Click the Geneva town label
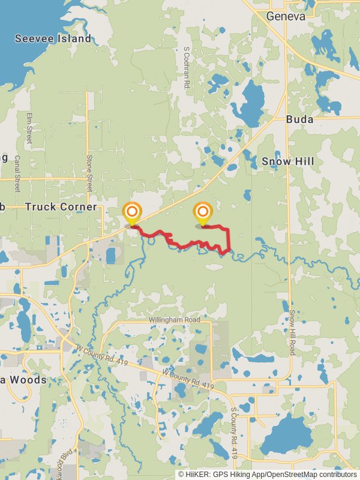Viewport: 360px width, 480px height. pos(286,16)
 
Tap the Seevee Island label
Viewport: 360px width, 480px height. pos(53,39)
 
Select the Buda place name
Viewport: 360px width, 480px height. pos(299,119)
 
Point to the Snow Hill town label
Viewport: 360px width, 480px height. pos(288,161)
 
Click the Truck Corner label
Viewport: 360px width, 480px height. pos(61,207)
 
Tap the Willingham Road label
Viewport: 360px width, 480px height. pos(175,320)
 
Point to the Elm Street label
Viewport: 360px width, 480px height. pos(28,128)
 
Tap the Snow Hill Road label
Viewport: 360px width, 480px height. pos(293,332)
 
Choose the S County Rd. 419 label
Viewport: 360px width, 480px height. pos(235,433)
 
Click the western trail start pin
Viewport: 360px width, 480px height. pos(132,213)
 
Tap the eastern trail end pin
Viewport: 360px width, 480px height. pos(203,213)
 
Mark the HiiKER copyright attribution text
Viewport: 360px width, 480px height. pos(267,474)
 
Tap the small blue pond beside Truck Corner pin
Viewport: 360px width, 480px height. pos(111,256)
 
